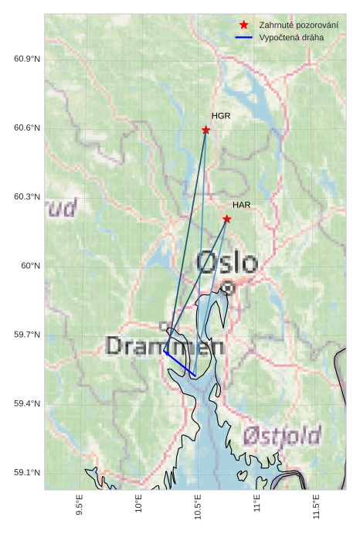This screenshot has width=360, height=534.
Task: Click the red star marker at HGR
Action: click(205, 130)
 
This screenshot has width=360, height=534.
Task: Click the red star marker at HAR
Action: click(226, 219)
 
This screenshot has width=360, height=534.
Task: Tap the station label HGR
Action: click(221, 116)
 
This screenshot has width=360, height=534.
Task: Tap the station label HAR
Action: click(242, 205)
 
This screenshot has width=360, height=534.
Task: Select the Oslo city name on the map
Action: click(226, 263)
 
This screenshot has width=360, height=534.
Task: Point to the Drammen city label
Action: click(165, 345)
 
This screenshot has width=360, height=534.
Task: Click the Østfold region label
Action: click(282, 437)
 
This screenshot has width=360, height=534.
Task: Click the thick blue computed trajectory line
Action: click(180, 363)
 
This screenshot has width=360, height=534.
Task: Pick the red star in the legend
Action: click(244, 25)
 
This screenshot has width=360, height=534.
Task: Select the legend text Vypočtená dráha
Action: click(291, 37)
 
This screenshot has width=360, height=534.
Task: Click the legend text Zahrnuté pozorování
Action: click(298, 25)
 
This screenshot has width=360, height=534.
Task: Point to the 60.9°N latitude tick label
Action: click(27, 60)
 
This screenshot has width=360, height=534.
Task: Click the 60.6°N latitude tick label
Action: click(27, 128)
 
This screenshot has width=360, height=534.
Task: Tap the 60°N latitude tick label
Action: click(30, 266)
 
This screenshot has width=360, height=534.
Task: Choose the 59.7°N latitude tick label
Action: click(27, 335)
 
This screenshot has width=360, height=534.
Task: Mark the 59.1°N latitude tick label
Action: click(27, 473)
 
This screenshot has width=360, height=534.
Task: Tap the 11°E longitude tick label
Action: click(258, 503)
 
